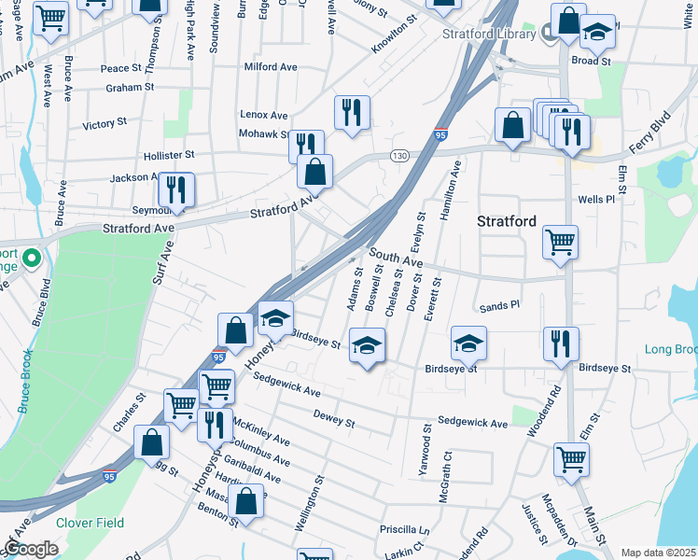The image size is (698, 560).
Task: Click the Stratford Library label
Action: coord(486,34)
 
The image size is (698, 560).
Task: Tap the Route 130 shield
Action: coord(399,155)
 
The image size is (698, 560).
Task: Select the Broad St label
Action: coord(591,61)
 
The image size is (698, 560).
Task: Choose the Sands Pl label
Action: coord(499,305)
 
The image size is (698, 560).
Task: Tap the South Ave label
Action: coord(396,259)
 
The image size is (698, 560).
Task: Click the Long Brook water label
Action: coord(670,349)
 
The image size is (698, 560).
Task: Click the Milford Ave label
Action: coord(270,67)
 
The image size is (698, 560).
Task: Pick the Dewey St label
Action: coord(334,417)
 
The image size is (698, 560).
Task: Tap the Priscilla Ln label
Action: coord(404,529)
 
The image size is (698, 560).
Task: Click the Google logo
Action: coord(31,549)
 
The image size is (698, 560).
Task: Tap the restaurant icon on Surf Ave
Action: coord(176,190)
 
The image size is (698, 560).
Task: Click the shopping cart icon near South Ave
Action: coord(560,243)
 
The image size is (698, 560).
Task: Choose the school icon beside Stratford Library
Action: coord(597,33)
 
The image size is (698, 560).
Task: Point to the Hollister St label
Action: coord(169,154)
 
